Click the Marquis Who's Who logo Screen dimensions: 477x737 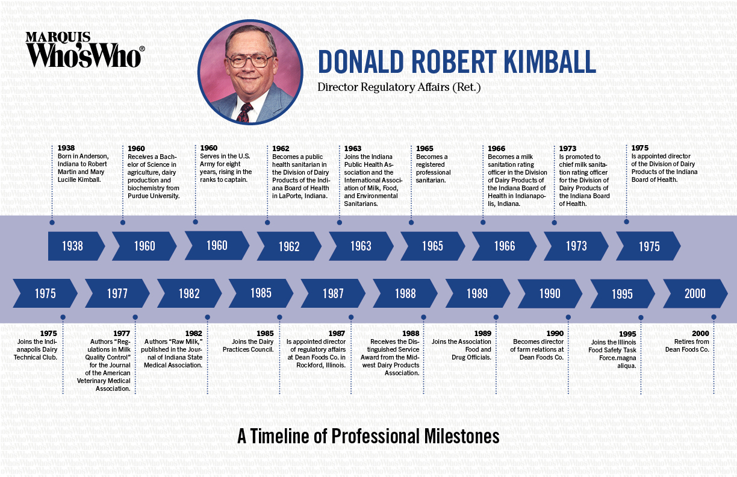coord(84,49)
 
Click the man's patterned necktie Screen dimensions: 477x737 coord(245,111)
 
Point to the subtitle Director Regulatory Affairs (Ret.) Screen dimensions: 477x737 coord(399,87)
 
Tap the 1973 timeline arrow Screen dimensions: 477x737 coord(576,246)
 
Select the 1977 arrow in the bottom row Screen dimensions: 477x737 coord(117,293)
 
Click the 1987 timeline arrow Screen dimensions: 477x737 coord(333,293)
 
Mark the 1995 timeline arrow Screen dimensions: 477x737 coord(622,294)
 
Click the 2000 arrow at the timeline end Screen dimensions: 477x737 coord(694,293)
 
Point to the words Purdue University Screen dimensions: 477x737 coord(154,196)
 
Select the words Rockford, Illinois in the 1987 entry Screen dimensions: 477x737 coord(321,365)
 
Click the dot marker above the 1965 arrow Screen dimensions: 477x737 coord(411,222)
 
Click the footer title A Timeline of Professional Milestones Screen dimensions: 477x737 coord(368,436)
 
